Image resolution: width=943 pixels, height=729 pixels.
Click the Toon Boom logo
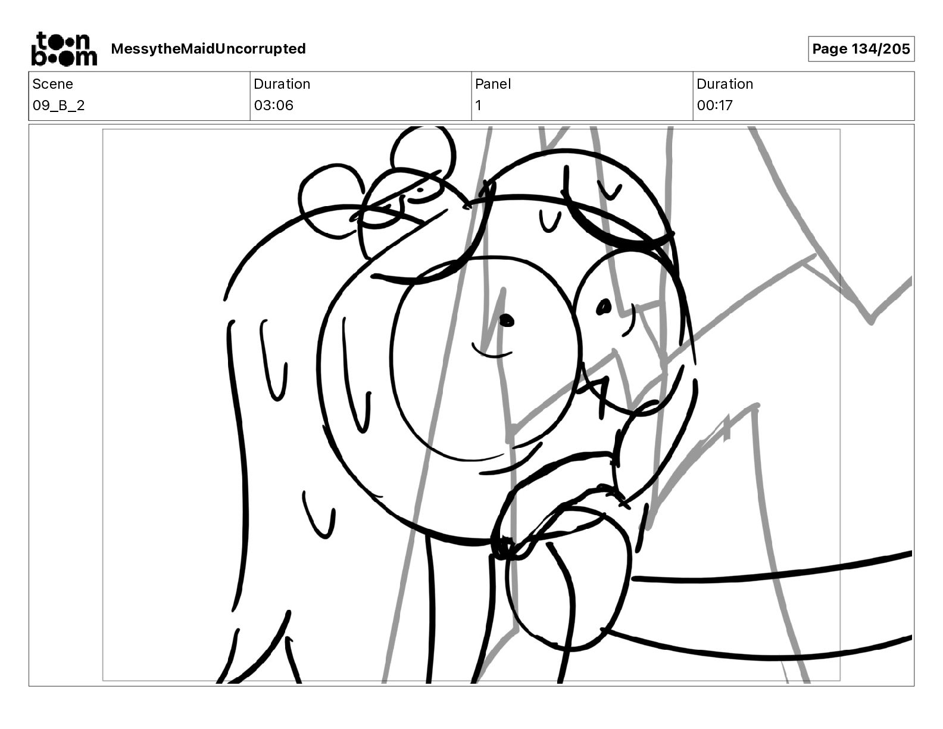coord(64,49)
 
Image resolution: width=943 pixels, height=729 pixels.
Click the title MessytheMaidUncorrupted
coord(208,49)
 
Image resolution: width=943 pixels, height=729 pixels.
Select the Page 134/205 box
coord(861,49)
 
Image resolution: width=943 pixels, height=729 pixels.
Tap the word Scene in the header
coord(52,84)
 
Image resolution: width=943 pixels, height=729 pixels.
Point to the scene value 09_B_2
coord(58,105)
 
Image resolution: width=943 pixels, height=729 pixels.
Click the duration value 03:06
coord(274,105)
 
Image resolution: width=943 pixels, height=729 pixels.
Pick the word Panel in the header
coord(493,84)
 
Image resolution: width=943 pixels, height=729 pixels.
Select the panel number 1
coord(478,105)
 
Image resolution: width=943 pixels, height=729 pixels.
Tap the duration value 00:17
coord(715,105)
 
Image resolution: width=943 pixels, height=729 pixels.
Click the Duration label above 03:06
coord(282,84)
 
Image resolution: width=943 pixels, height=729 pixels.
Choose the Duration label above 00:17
coord(725,84)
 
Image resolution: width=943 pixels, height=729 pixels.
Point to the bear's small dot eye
coord(420,190)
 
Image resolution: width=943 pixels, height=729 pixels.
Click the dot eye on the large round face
coord(507,321)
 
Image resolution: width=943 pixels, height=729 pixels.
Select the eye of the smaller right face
coord(604,307)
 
